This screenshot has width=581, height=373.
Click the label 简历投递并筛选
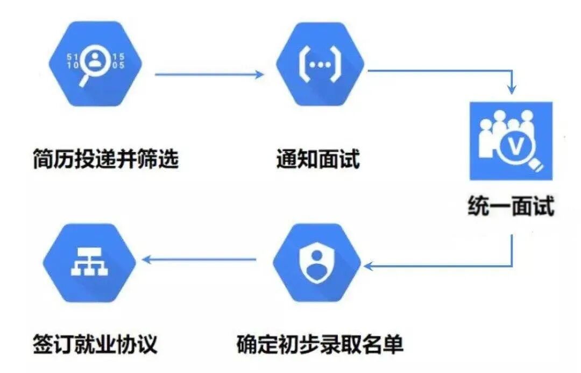pyautogui.click(x=105, y=159)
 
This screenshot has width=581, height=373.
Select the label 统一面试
pyautogui.click(x=511, y=207)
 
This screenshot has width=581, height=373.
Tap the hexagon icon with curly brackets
pyautogui.click(x=320, y=64)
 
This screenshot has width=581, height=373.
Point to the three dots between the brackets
pyautogui.click(x=320, y=64)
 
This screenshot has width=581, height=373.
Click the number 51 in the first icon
pyautogui.click(x=72, y=56)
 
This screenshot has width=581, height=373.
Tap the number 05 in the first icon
pyautogui.click(x=118, y=66)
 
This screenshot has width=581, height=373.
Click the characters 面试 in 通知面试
pyautogui.click(x=338, y=159)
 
